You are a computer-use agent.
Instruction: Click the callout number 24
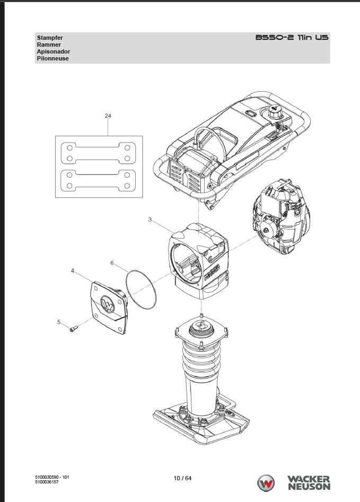[x=108, y=116]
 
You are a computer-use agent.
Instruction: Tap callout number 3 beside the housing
[x=150, y=219]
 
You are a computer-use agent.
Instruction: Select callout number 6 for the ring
[x=112, y=263]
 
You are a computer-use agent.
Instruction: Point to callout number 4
[x=73, y=271]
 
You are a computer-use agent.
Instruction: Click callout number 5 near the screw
[x=59, y=322]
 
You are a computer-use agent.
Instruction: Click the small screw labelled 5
[x=74, y=329]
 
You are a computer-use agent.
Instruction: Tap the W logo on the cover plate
[x=108, y=304]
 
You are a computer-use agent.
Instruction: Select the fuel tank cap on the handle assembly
[x=275, y=111]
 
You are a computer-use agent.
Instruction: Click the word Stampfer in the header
[x=50, y=38]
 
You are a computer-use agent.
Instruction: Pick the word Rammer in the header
[x=49, y=45]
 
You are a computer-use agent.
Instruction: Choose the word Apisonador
[x=53, y=51]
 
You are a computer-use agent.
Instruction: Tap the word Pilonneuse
[x=52, y=59]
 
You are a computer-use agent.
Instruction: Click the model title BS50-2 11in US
[x=292, y=38]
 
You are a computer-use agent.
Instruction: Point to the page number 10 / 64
[x=182, y=478]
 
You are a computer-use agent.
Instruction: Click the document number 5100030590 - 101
[x=52, y=477]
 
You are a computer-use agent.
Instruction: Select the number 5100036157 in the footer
[x=47, y=482]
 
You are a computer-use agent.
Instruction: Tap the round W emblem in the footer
[x=266, y=483]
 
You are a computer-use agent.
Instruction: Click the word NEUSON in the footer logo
[x=309, y=487]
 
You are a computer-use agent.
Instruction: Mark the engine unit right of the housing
[x=281, y=217]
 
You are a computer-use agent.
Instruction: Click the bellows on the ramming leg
[x=201, y=359]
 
